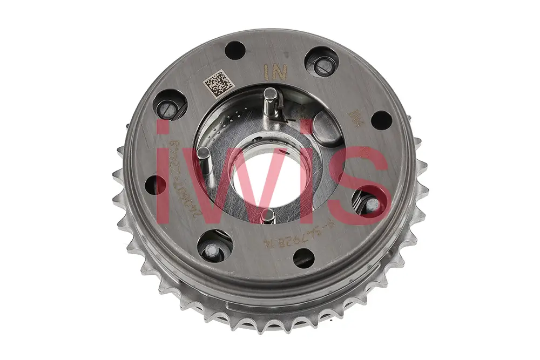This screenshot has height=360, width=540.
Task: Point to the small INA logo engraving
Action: [355, 116]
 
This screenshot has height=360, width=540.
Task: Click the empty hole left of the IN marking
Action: [235, 51]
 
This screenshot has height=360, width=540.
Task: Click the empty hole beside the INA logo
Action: [381, 120]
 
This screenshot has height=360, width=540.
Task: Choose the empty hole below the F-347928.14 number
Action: [304, 257]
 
